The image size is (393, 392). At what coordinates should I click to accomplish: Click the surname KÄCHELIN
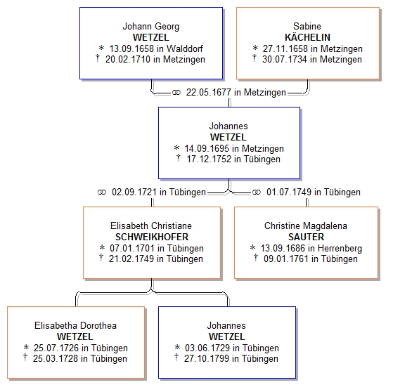coord(307,37)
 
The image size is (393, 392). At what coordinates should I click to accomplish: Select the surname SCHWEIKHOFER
coord(152,237)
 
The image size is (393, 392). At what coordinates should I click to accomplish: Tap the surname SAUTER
coord(306,237)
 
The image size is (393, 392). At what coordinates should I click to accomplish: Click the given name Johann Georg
coord(151,26)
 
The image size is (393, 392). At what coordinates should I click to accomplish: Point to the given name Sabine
coord(307,26)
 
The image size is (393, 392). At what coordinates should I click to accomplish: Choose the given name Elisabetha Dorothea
coord(75,325)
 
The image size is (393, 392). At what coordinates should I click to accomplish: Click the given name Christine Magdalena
coord(306,226)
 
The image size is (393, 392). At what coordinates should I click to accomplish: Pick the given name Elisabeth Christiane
coord(151,226)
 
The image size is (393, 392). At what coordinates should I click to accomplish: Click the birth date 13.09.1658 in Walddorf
coord(156,48)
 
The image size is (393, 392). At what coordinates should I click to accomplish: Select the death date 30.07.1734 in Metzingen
coord(312,60)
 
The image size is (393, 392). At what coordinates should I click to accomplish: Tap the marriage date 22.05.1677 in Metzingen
coord(236,93)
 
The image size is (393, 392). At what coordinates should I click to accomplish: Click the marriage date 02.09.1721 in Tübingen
coord(159,192)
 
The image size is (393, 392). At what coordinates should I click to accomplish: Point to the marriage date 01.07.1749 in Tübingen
coord(314,192)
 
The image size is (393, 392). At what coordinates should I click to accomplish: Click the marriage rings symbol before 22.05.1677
coord(176,93)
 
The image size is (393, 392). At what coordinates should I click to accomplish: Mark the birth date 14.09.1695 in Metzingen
coord(234,148)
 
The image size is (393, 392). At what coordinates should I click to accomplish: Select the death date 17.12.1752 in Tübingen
coord(233,159)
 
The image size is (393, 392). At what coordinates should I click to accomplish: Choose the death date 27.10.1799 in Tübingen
coord(231,359)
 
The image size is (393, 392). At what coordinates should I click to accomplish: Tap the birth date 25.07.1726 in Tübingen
coord(81,348)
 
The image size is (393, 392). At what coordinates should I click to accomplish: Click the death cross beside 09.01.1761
coord(256,257)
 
